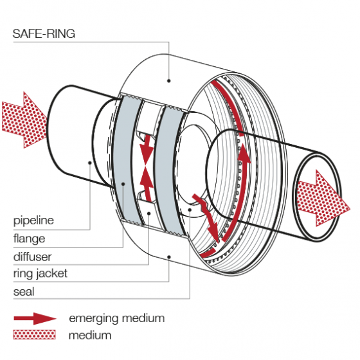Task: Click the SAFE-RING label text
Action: pyautogui.click(x=44, y=34)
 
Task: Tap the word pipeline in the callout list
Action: pyautogui.click(x=33, y=221)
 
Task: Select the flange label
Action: pyautogui.click(x=30, y=238)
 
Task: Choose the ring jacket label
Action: pyautogui.click(x=40, y=273)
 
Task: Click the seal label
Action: pyautogui.click(x=24, y=291)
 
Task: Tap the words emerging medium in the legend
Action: pyautogui.click(x=116, y=318)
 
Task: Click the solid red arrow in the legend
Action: pyautogui.click(x=35, y=318)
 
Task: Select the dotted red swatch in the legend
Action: pyautogui.click(x=35, y=334)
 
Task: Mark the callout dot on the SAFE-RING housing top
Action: pyautogui.click(x=169, y=80)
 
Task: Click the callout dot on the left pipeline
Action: pyautogui.click(x=90, y=163)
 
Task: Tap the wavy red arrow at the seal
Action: pyautogui.click(x=206, y=212)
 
